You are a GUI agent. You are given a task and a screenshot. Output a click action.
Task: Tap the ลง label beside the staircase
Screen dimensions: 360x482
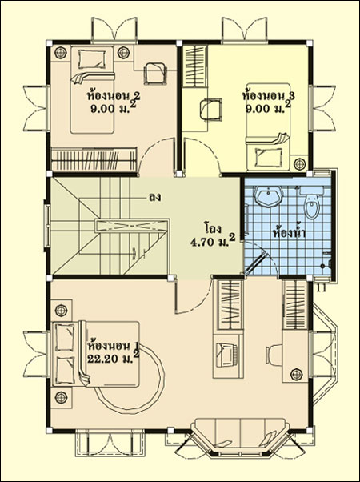tap(155, 197)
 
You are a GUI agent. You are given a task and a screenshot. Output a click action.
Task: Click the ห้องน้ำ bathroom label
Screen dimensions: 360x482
tap(289, 233)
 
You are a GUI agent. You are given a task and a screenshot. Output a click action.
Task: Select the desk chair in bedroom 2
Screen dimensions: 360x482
tap(155, 73)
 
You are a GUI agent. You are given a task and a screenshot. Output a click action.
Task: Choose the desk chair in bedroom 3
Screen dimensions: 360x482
tap(210, 109)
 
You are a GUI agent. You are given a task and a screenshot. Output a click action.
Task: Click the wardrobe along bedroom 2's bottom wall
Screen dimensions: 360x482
tap(94, 159)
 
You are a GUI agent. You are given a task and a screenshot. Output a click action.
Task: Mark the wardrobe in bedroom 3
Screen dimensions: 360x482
tap(195, 66)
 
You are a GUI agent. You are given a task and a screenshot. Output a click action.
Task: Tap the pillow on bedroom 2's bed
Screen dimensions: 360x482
tap(91, 59)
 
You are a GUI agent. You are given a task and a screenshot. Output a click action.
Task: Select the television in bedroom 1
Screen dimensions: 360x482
tap(226, 355)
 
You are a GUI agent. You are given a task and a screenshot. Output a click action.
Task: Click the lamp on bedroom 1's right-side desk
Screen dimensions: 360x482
tap(297, 374)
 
